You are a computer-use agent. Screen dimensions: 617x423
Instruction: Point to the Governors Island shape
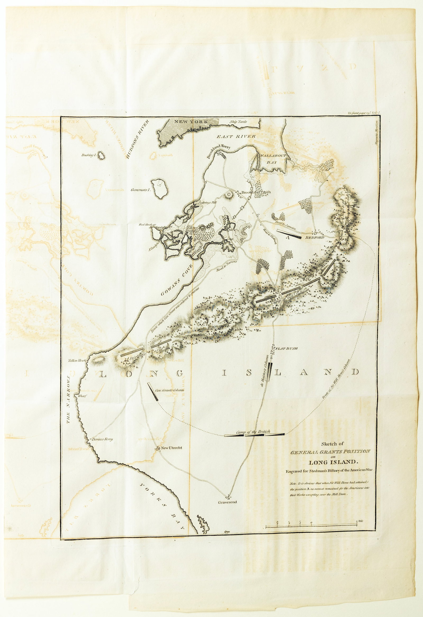[x=160, y=189]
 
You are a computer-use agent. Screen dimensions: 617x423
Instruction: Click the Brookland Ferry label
[x=219, y=151]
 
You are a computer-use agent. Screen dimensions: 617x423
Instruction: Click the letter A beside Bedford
[x=287, y=238]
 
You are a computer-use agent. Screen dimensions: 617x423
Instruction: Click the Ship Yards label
[x=238, y=122]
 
